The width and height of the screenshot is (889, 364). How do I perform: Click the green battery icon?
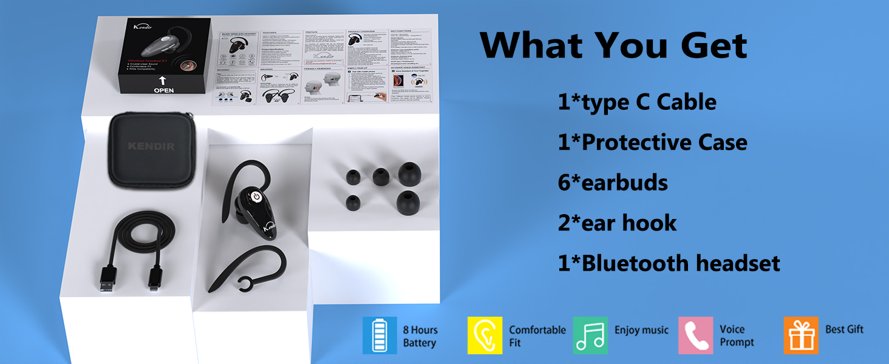[380, 335]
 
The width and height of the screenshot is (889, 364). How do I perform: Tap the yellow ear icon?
[485, 335]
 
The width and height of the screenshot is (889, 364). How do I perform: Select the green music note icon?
[590, 335]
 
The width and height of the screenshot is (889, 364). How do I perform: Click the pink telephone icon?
[695, 335]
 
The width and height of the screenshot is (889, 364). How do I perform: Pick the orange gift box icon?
[801, 335]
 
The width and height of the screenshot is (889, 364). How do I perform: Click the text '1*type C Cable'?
[637, 102]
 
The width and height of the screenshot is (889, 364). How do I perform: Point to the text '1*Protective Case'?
[652, 142]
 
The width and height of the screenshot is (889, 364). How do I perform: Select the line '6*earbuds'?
[613, 183]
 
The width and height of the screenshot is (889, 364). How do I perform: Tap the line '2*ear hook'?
[617, 223]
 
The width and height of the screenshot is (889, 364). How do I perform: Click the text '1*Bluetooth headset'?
[669, 263]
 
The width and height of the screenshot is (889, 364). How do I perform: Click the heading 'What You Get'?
[613, 45]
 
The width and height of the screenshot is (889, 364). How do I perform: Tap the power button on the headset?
[256, 197]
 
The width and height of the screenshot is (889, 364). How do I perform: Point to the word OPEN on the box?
[163, 90]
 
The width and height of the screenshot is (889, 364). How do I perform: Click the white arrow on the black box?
[163, 79]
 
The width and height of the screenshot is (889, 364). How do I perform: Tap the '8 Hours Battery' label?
[420, 336]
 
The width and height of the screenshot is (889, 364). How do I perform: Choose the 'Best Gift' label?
[844, 329]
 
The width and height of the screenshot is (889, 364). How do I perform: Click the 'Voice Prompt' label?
[737, 335]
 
